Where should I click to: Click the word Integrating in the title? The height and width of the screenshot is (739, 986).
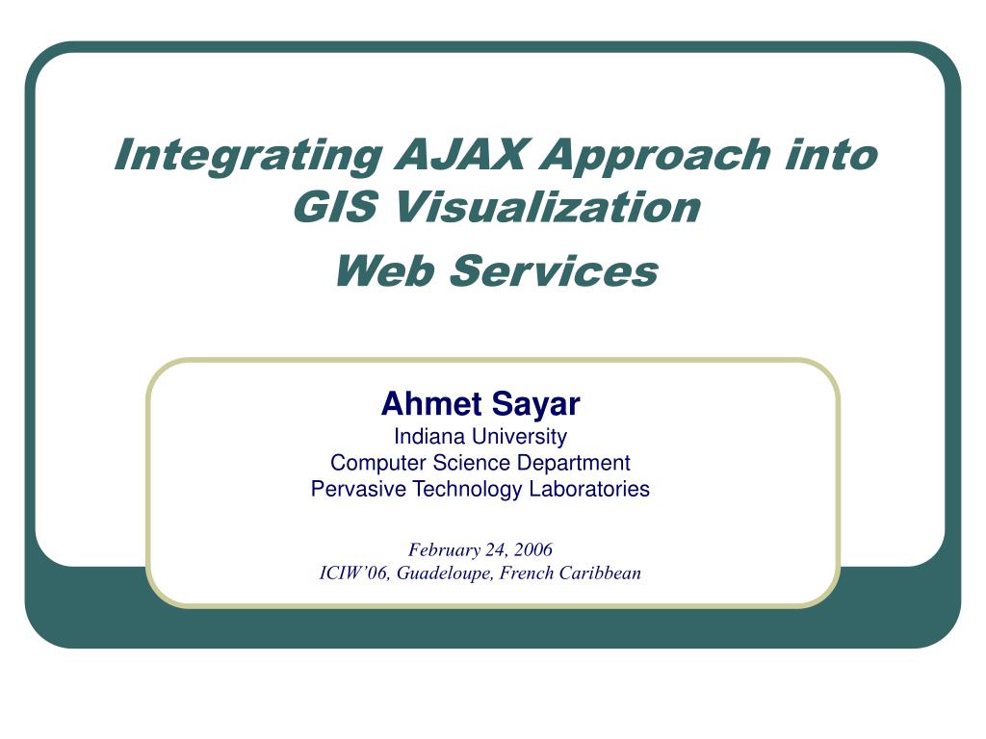point(248,156)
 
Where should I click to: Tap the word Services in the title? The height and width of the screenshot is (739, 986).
point(554,270)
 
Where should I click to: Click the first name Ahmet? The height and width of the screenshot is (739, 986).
point(431,403)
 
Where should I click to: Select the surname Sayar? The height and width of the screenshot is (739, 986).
point(535,405)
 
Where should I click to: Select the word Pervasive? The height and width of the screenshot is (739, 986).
point(358,489)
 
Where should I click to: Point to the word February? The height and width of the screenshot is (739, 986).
point(444,550)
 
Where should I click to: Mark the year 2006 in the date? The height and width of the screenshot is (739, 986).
point(533,549)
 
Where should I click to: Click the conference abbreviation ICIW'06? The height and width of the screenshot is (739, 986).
point(354,573)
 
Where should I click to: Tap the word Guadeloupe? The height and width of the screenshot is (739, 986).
point(445,573)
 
